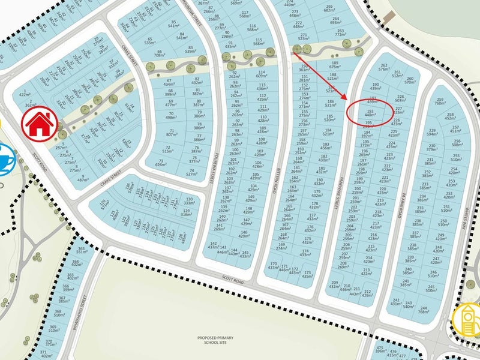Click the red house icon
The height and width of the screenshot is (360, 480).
(37, 124)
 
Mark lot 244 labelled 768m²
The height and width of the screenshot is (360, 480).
(423, 307)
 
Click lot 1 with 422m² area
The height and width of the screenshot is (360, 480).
(25, 92)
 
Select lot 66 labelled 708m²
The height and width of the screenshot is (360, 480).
(159, 55)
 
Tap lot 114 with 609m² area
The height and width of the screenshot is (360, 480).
(262, 74)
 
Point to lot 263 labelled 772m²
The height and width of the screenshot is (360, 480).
(340, 32)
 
